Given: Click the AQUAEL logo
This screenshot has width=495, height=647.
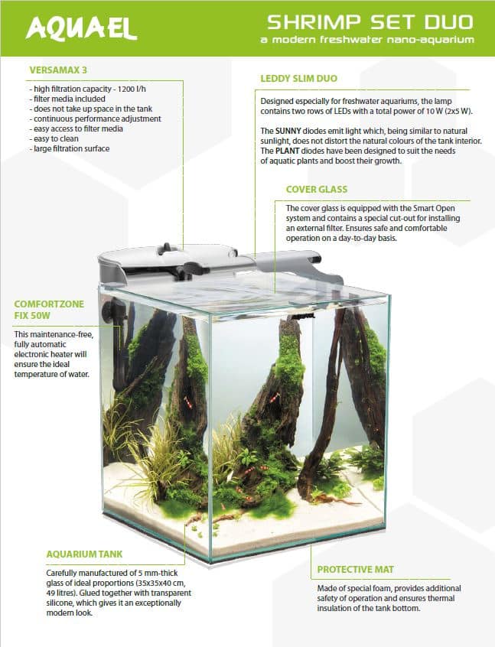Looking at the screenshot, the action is coord(81,28).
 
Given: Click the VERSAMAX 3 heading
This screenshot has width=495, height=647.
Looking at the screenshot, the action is coord(58,70).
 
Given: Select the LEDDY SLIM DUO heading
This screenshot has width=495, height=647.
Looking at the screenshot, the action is coord(299,79).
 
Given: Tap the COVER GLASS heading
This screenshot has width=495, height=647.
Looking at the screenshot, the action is coord(317,190).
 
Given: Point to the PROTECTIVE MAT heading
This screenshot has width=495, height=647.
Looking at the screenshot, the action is coord(356,570).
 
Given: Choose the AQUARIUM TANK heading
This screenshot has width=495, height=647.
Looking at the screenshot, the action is coord(84,554).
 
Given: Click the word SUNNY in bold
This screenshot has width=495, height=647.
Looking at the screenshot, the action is coord(288,132).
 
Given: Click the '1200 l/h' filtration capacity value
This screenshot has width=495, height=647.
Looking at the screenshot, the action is coord(132,89).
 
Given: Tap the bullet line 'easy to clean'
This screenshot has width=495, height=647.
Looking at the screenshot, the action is coord(54,138).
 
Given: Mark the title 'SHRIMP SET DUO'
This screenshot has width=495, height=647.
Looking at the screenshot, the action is coord(370,22).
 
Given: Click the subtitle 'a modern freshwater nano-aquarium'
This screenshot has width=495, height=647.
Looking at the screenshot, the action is coord(367,40).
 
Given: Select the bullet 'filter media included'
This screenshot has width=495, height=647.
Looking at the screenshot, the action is coord(67,99).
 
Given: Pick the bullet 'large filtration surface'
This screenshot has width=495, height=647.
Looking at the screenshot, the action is coord(70,148).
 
